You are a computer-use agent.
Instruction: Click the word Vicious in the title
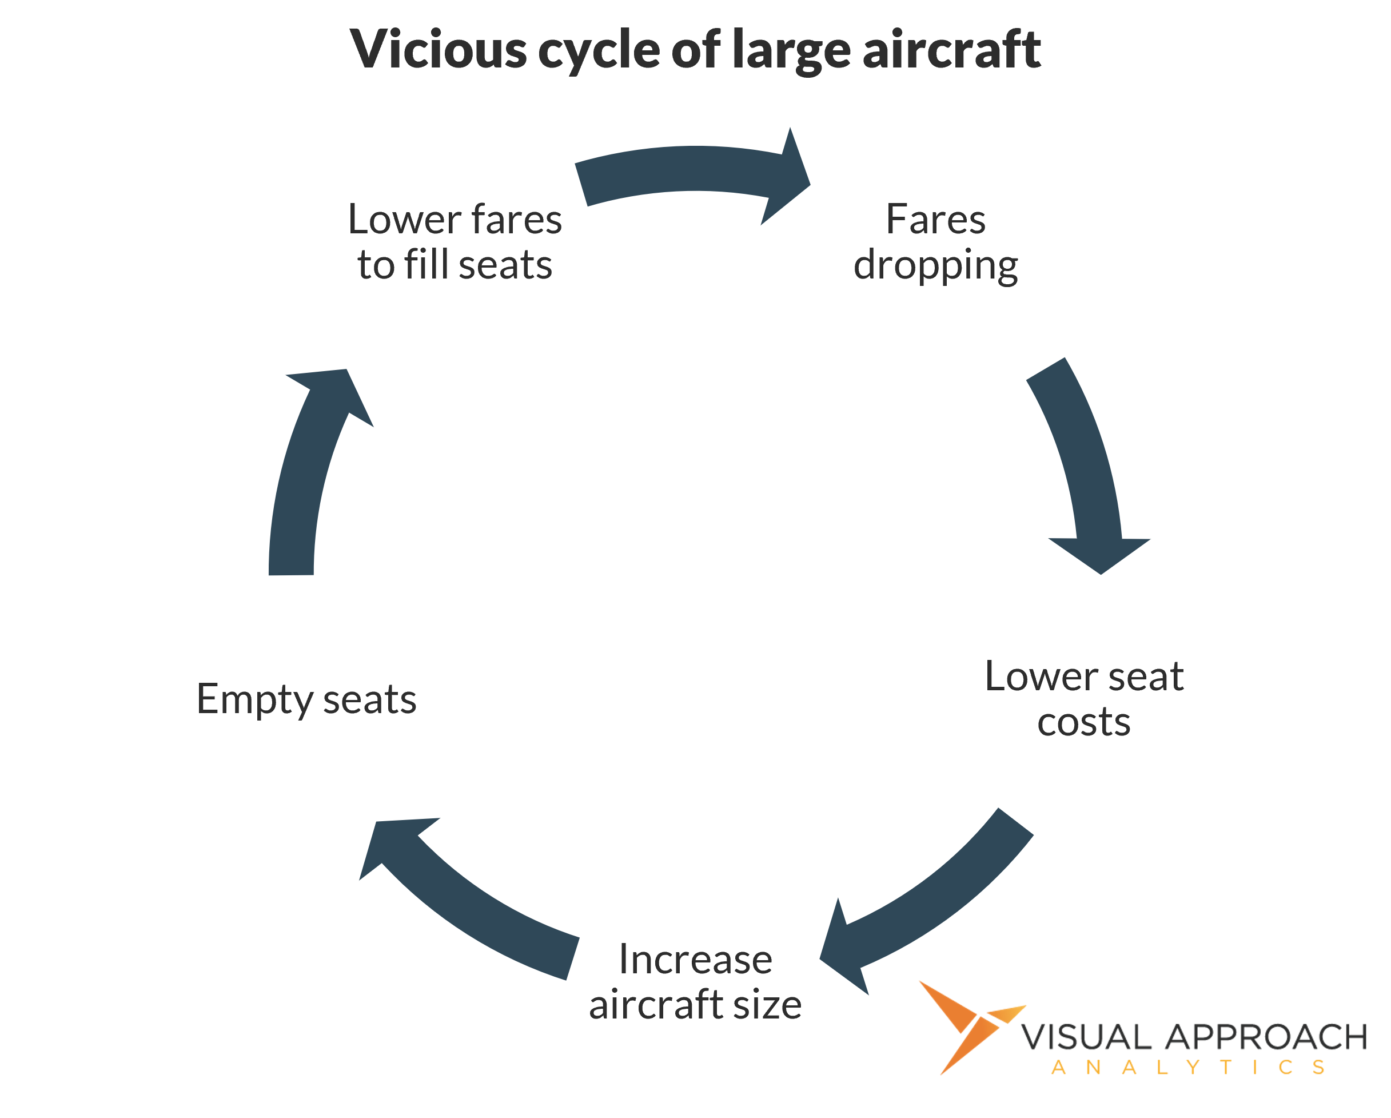tap(438, 50)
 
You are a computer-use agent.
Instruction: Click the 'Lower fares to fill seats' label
tap(455, 241)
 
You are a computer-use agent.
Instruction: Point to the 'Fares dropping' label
tap(935, 241)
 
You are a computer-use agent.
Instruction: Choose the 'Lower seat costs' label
tap(1084, 698)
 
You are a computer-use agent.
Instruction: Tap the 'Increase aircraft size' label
tap(695, 981)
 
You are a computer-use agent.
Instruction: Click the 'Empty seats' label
tap(306, 699)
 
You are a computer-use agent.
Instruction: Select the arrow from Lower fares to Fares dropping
tap(690, 171)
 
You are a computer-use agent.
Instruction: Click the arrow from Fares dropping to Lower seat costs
tap(1084, 465)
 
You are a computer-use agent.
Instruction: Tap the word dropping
tap(935, 265)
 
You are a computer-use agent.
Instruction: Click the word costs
tap(1084, 722)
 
